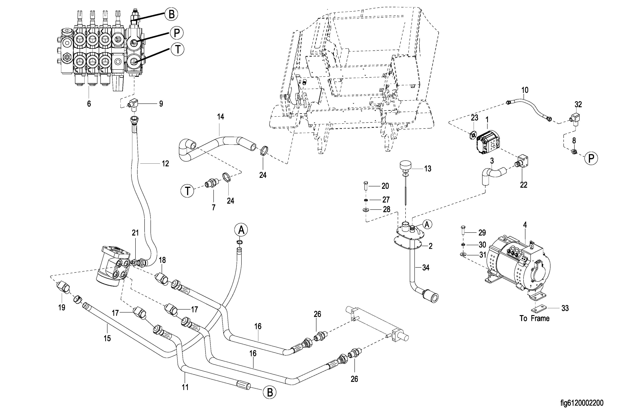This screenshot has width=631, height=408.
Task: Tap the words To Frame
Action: [534, 318]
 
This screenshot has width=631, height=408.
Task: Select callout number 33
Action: [565, 308]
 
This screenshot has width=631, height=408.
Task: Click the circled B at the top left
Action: [171, 14]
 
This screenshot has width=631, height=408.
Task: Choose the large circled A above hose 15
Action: [241, 230]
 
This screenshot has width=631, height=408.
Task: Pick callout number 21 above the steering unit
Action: [135, 233]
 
